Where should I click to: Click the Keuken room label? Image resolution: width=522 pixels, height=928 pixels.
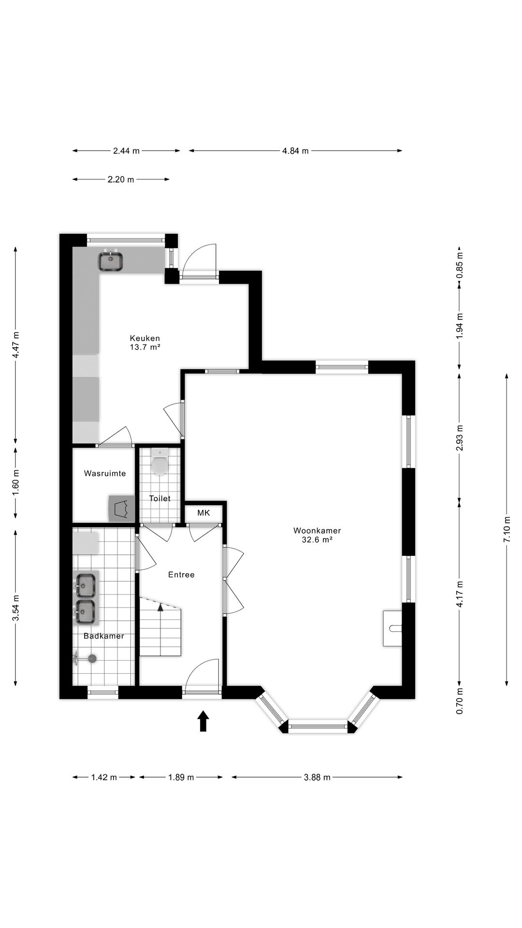pyautogui.click(x=145, y=338)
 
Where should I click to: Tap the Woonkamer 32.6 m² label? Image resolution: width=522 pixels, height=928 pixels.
pyautogui.click(x=317, y=535)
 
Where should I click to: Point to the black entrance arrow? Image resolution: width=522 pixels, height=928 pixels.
pyautogui.click(x=203, y=721)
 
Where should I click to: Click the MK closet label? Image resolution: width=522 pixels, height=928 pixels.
pyautogui.click(x=203, y=513)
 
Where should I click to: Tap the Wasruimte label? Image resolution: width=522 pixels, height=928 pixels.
pyautogui.click(x=105, y=473)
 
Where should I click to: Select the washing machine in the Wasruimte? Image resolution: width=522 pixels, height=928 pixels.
pyautogui.click(x=122, y=508)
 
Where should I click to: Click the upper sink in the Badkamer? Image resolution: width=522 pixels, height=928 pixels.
pyautogui.click(x=86, y=585)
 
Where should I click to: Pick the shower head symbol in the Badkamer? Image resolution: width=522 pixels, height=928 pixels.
pyautogui.click(x=91, y=658)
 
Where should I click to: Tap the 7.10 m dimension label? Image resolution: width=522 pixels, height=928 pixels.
pyautogui.click(x=507, y=529)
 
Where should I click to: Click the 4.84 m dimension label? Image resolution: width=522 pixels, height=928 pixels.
pyautogui.click(x=295, y=151)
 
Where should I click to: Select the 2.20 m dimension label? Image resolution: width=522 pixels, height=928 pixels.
pyautogui.click(x=121, y=179)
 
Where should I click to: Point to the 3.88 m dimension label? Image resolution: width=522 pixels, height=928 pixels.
pyautogui.click(x=317, y=777)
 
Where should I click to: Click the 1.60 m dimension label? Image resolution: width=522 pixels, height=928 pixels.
pyautogui.click(x=16, y=482)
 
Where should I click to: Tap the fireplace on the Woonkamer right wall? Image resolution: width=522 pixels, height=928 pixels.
pyautogui.click(x=392, y=628)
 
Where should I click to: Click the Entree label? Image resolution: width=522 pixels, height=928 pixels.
pyautogui.click(x=181, y=575)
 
